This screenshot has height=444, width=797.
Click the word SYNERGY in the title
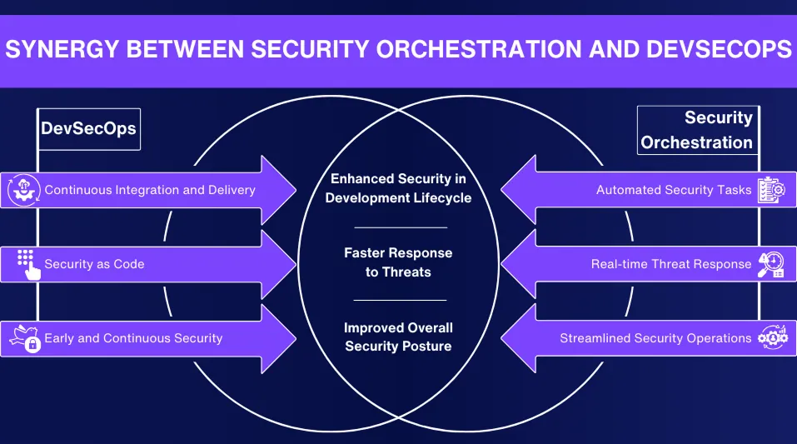click(x=59, y=49)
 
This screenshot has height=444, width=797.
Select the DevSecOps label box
click(x=89, y=129)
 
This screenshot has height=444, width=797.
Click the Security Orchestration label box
click(x=696, y=130)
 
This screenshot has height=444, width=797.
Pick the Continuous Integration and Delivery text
click(x=150, y=190)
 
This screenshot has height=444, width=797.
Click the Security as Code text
click(x=94, y=264)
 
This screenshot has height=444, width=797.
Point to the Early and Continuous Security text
click(x=133, y=338)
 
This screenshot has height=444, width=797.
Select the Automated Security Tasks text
click(x=674, y=190)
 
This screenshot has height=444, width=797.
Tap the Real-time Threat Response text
click(x=671, y=264)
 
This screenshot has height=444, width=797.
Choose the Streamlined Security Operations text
click(x=655, y=338)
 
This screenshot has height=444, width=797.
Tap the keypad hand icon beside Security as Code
click(x=27, y=264)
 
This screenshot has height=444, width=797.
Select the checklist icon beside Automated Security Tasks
click(x=770, y=190)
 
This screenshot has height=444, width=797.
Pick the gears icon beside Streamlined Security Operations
click(x=770, y=337)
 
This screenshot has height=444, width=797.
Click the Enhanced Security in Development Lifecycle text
click(x=398, y=188)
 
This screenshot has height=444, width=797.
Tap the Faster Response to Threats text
click(x=398, y=262)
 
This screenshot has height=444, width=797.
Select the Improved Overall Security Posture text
click(x=398, y=337)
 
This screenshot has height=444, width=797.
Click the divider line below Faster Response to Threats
click(x=400, y=300)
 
